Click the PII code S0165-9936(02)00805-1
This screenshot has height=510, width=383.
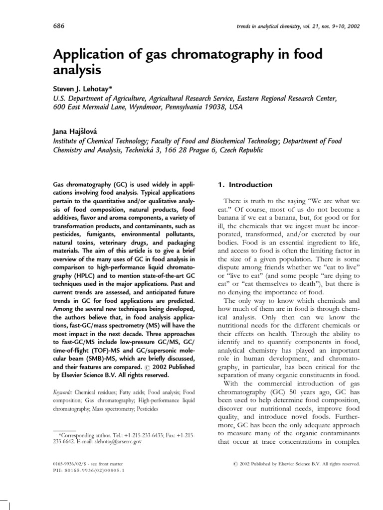(95, 470)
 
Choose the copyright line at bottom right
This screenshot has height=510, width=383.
(297, 464)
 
